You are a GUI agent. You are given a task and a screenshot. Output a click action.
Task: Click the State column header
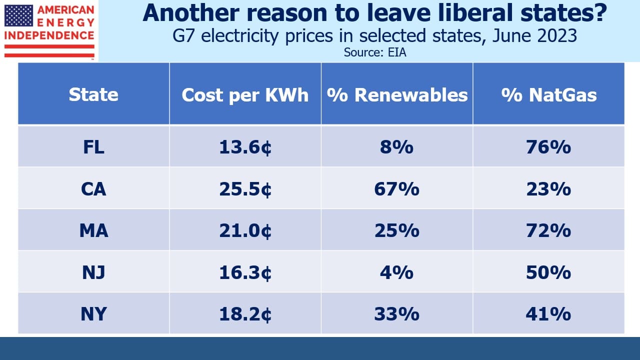pos(93,94)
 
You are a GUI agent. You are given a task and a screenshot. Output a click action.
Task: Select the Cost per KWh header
pos(245,95)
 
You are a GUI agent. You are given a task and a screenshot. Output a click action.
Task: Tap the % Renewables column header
pos(397,94)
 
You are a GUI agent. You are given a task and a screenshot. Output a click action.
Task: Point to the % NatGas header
pos(549,94)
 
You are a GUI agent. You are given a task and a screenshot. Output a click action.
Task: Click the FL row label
pos(93,147)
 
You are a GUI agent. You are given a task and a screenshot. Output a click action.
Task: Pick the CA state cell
pos(93,189)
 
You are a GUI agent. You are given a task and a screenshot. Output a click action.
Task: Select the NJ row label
pos(93,272)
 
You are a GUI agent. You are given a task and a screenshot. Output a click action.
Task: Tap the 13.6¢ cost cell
pos(245,147)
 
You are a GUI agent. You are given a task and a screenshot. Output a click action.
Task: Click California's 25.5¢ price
pos(245,189)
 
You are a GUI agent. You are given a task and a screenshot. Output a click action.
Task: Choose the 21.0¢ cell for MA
pos(245,231)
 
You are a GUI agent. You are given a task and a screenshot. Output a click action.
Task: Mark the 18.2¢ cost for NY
pos(245,314)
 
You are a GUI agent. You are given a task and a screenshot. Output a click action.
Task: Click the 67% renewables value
pos(397,189)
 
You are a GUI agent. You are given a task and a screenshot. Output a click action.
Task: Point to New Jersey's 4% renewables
pos(397,272)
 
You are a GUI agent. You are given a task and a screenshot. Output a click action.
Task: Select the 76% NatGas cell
pos(548,147)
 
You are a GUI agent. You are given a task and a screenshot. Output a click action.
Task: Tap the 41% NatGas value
pos(548,314)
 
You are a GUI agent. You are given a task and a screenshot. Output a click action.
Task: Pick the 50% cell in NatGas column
pos(548,272)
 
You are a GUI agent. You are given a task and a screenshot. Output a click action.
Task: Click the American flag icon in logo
pos(18,15)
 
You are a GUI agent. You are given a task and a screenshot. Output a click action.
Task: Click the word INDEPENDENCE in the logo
pos(49,35)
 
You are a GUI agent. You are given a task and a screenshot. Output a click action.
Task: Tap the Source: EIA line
pos(375,52)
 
